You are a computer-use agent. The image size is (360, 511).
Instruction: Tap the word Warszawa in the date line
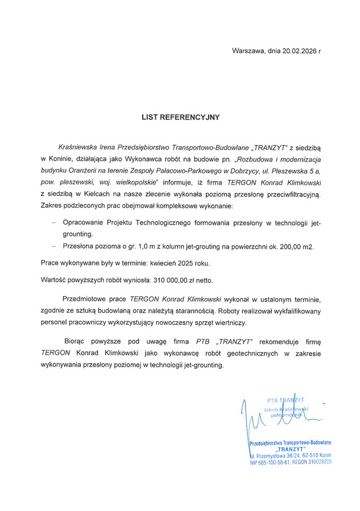click(x=248, y=51)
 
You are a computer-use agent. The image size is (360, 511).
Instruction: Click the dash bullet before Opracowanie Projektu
click(x=53, y=222)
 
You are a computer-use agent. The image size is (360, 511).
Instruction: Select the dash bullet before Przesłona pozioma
click(x=53, y=246)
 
